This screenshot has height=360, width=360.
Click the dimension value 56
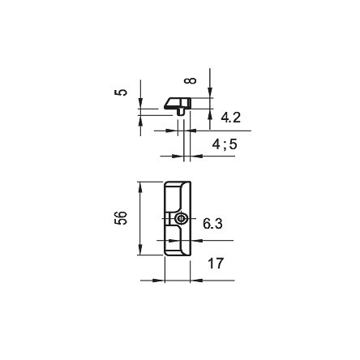[121, 218]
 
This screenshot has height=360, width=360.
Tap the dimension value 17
[216, 264]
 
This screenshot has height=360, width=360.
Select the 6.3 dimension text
[212, 224]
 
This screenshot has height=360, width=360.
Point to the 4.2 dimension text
[230, 118]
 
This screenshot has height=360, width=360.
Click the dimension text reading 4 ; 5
[225, 144]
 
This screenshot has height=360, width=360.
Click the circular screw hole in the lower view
[181, 218]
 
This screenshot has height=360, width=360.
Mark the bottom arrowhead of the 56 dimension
[140, 249]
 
